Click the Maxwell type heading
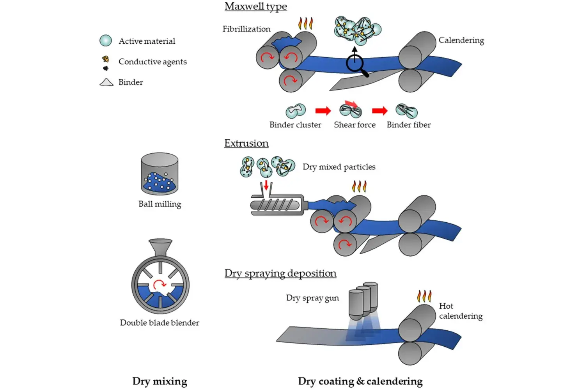coord(256,7)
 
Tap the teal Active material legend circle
coord(106,41)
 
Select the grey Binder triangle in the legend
coord(106,82)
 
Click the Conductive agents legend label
coord(152,62)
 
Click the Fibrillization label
coord(246,29)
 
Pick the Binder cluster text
coord(295,125)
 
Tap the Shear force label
coord(355,125)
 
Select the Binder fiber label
coord(408,125)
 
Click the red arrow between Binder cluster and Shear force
coord(323,111)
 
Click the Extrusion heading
coord(246,143)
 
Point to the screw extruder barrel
coord(277,205)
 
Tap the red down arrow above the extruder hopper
coord(266,185)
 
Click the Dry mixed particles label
coord(339,167)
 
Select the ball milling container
coord(160,174)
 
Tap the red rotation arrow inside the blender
coord(160,284)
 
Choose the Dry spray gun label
coord(312,298)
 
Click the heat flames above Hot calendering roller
coord(424,296)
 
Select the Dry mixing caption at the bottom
coord(160,381)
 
